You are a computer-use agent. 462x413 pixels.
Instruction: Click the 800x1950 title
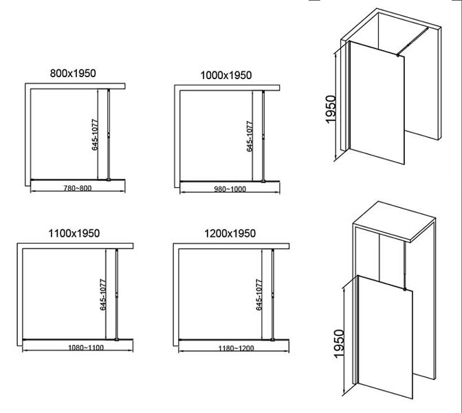tap(73, 73)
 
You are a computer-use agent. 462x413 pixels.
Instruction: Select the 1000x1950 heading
tap(226, 75)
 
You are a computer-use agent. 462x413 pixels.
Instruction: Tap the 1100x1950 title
tap(74, 233)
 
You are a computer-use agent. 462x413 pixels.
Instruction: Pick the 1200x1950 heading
tap(230, 233)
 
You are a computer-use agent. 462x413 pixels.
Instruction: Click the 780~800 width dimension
tap(78, 188)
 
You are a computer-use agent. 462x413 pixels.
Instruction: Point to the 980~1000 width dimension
tap(230, 189)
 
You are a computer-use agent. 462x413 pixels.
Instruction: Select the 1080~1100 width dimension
tap(86, 348)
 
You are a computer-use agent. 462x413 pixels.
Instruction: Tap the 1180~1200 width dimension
tap(236, 348)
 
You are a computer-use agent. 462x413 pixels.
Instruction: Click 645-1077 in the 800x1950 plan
tap(95, 134)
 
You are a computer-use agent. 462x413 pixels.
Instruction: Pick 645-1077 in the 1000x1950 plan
tap(250, 136)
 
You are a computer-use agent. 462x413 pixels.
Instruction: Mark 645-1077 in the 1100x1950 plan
tap(103, 295)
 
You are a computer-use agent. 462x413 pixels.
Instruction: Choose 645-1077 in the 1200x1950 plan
tap(259, 295)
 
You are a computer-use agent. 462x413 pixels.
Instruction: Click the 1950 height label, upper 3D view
tap(331, 109)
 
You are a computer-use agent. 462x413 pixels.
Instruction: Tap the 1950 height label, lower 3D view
tap(339, 343)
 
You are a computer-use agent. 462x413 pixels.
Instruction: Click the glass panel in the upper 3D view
tap(377, 103)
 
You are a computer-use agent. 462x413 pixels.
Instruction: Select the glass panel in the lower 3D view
tap(385, 337)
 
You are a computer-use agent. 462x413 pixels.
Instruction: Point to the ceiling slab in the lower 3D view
tap(395, 222)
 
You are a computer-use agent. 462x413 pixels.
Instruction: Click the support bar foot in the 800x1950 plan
tap(109, 179)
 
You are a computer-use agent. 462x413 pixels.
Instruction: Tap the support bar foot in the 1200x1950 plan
tap(272, 339)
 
